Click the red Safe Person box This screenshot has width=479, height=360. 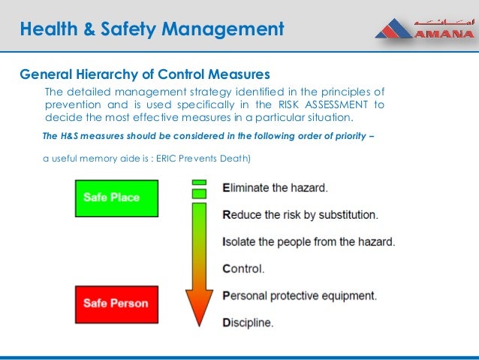[x=116, y=304]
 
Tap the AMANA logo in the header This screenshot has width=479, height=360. [x=424, y=29]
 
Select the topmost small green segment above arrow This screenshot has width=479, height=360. [x=199, y=182]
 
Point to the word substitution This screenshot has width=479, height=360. [x=347, y=214]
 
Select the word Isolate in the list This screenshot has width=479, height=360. [x=241, y=242]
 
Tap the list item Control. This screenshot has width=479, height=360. [x=243, y=268]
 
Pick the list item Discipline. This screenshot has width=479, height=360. [x=248, y=322]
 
